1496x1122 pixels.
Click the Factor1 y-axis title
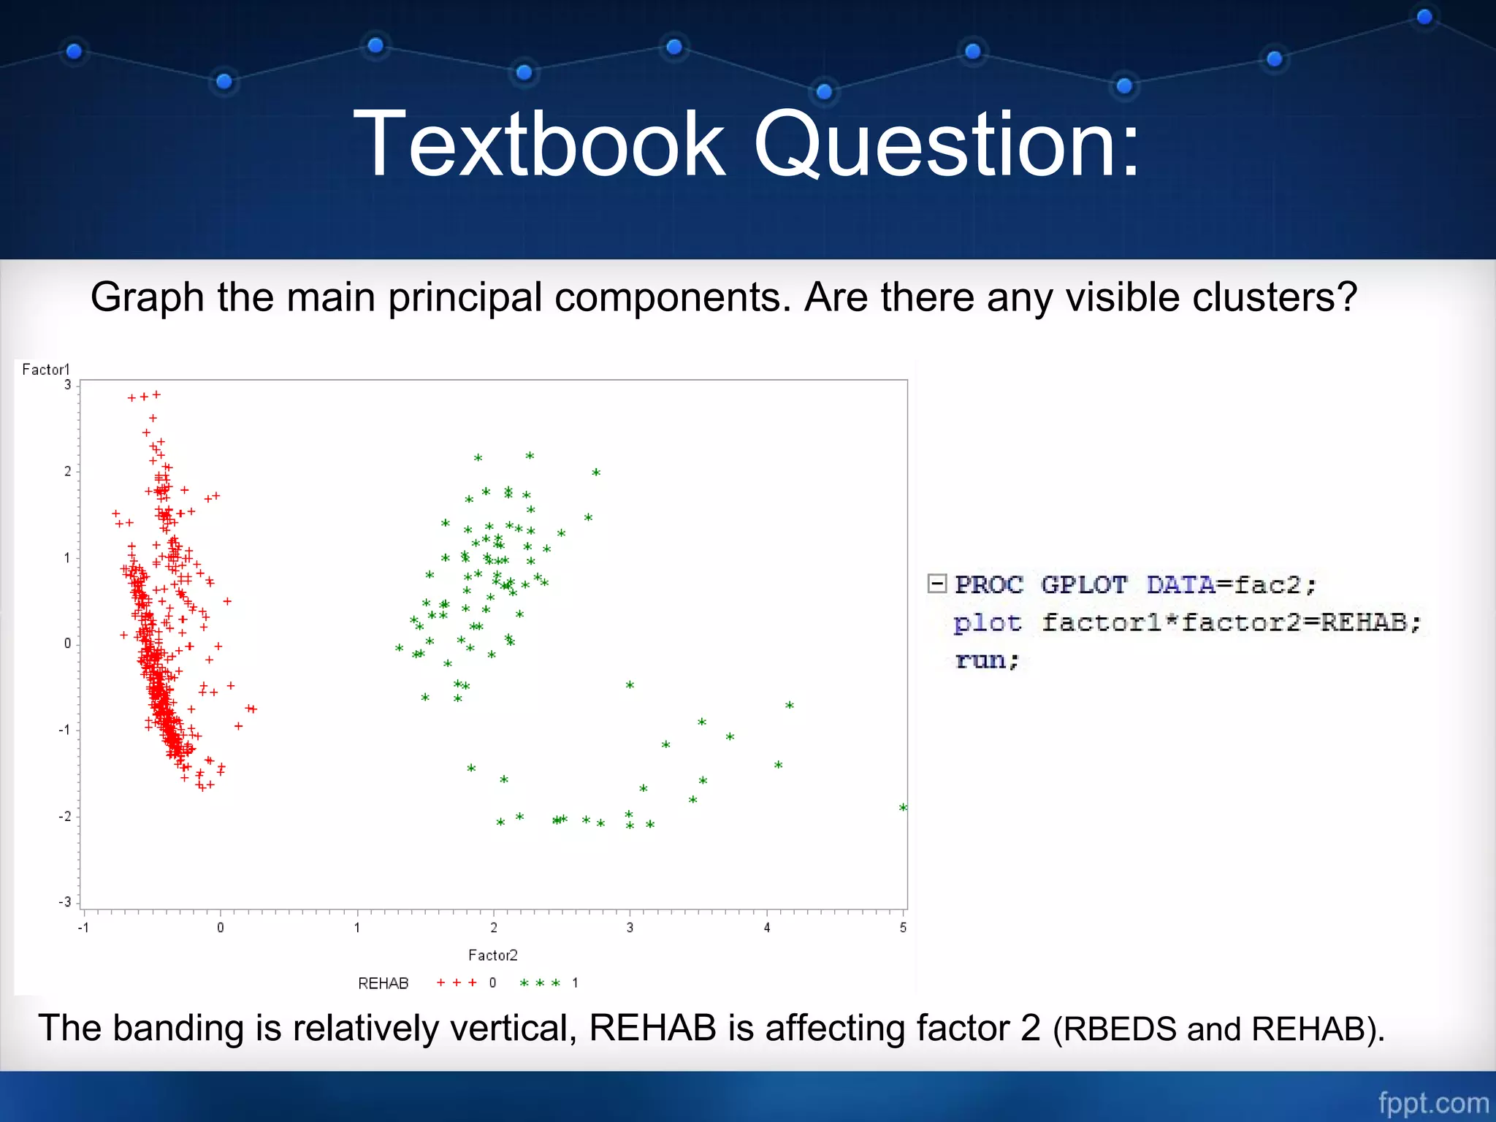[x=45, y=370]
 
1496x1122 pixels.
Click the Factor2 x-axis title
[x=492, y=955]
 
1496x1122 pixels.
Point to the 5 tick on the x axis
[x=903, y=927]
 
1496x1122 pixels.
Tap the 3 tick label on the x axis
[x=630, y=927]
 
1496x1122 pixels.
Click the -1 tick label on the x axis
[x=83, y=927]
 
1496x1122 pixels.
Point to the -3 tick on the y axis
[x=66, y=902]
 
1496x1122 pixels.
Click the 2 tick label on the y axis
[x=67, y=471]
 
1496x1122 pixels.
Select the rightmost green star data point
[x=903, y=807]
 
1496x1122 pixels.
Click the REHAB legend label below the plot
[x=383, y=983]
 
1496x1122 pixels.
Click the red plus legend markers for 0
[x=457, y=982]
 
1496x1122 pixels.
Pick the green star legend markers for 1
[x=540, y=982]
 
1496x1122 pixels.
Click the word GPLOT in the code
[x=1083, y=584]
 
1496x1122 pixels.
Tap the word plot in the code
[x=987, y=622]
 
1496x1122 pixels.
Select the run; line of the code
[x=987, y=660]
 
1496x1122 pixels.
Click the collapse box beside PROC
[x=937, y=583]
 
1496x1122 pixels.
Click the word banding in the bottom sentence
[x=178, y=1028]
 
